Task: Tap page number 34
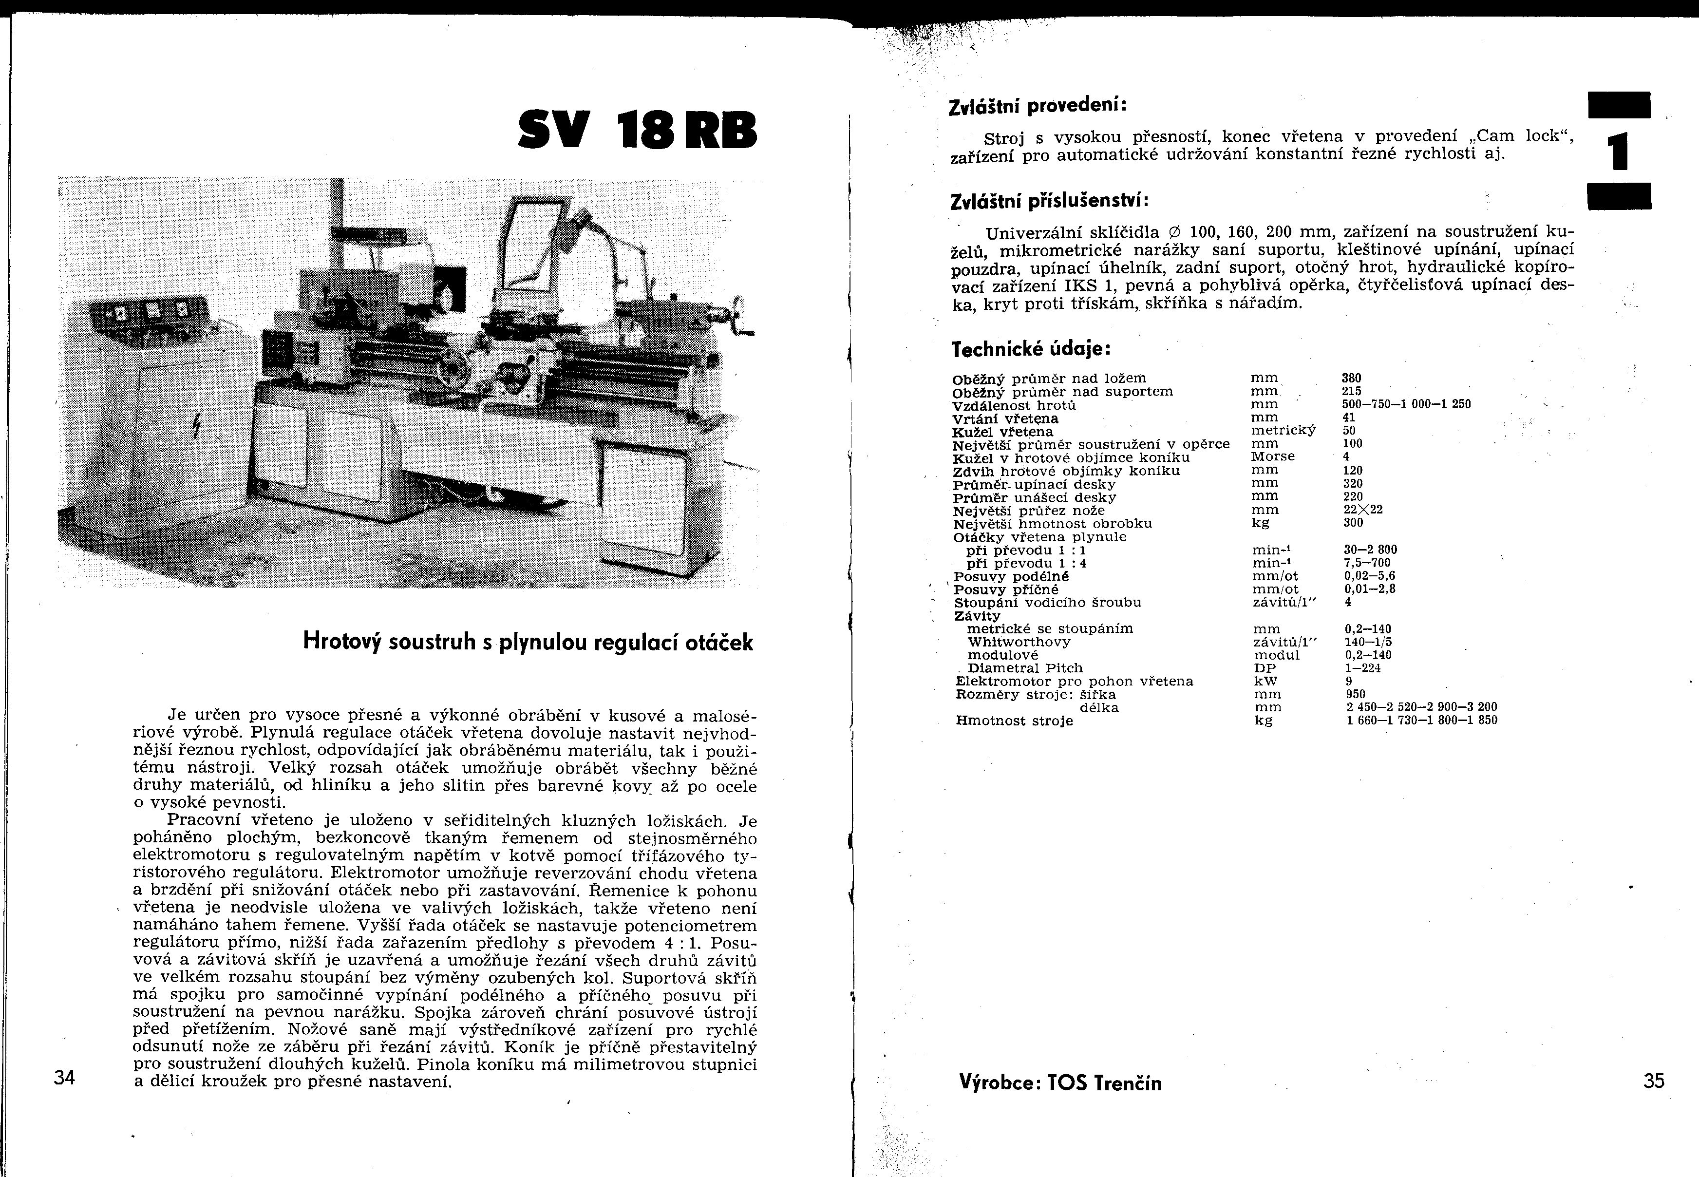(x=65, y=1078)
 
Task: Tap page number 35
(x=1654, y=1081)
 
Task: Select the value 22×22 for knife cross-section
(x=1353, y=510)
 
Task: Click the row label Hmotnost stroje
(x=1014, y=721)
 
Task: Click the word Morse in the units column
(x=1273, y=456)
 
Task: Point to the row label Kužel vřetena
(x=1003, y=432)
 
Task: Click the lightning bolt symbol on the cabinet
(x=196, y=425)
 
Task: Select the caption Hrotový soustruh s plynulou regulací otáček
(x=528, y=643)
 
